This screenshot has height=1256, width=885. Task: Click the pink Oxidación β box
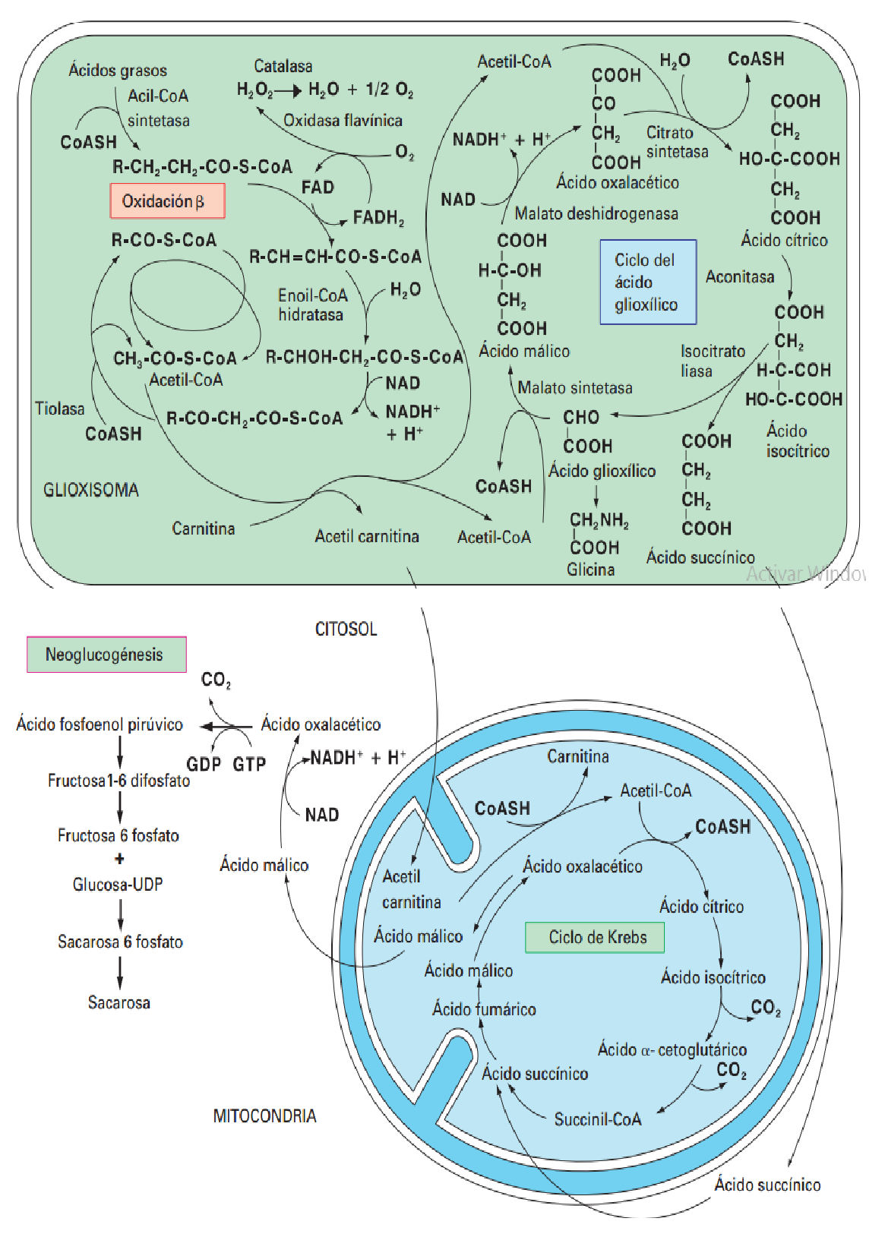tap(167, 201)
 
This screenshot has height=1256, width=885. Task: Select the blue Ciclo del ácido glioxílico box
tap(647, 282)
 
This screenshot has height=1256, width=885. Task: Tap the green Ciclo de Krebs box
tap(595, 937)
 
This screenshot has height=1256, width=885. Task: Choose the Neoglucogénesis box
tap(106, 655)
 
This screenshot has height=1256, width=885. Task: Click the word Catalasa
tap(283, 66)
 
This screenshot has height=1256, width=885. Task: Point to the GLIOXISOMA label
tap(91, 490)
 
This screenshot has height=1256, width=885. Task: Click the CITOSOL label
tap(346, 629)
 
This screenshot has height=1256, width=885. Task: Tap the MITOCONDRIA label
tap(264, 1116)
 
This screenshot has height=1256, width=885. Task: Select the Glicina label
tap(590, 570)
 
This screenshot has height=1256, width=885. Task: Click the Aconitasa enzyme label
tap(739, 276)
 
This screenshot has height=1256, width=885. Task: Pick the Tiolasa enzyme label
tap(59, 409)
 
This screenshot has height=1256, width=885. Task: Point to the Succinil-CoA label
tap(597, 1119)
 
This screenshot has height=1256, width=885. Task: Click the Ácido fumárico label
tap(484, 1009)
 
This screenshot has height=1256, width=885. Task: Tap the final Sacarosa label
tap(119, 1002)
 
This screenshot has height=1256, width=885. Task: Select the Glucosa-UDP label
tap(118, 884)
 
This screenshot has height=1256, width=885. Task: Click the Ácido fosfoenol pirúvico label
tap(100, 724)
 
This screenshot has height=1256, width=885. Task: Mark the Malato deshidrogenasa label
tap(596, 213)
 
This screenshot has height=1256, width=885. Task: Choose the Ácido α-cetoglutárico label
tap(672, 1049)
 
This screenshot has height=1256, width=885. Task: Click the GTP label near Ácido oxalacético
tap(249, 764)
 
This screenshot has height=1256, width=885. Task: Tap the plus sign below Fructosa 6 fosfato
tap(119, 859)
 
